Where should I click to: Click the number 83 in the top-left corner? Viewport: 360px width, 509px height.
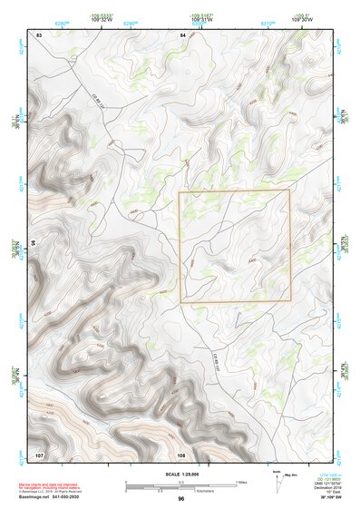(x=39, y=34)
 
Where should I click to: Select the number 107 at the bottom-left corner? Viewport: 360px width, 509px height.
(x=39, y=454)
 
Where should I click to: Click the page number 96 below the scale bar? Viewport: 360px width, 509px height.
(x=181, y=498)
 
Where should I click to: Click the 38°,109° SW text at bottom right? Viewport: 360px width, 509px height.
(x=323, y=499)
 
